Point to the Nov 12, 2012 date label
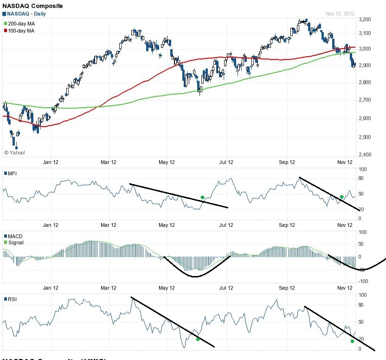(x=340, y=14)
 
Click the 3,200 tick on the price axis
(x=365, y=19)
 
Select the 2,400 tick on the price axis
(x=365, y=154)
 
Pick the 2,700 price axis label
(x=365, y=100)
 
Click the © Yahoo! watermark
(x=14, y=152)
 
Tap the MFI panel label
(x=13, y=174)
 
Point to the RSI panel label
(x=13, y=299)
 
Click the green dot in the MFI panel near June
(x=202, y=198)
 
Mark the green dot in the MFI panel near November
(x=341, y=197)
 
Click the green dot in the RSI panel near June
(x=198, y=339)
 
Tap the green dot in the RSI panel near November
(x=352, y=341)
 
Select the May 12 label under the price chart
(x=167, y=162)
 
